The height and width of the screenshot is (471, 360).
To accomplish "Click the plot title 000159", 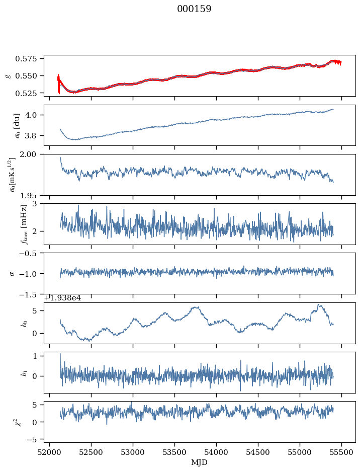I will tap(194, 9).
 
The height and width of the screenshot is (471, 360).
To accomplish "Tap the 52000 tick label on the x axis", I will tap(49, 453).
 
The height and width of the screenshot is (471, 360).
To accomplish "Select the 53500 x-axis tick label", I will tap(174, 453).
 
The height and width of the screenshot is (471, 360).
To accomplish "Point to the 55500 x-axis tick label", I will tap(342, 453).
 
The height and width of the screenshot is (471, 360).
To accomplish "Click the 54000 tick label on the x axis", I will tap(216, 453).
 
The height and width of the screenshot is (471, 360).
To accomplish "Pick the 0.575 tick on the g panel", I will tap(31, 59).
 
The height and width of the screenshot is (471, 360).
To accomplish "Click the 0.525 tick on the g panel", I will tap(31, 93).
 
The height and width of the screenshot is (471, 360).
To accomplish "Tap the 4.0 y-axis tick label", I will tap(35, 115).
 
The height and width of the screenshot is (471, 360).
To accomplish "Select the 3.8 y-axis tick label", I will tap(35, 136).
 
